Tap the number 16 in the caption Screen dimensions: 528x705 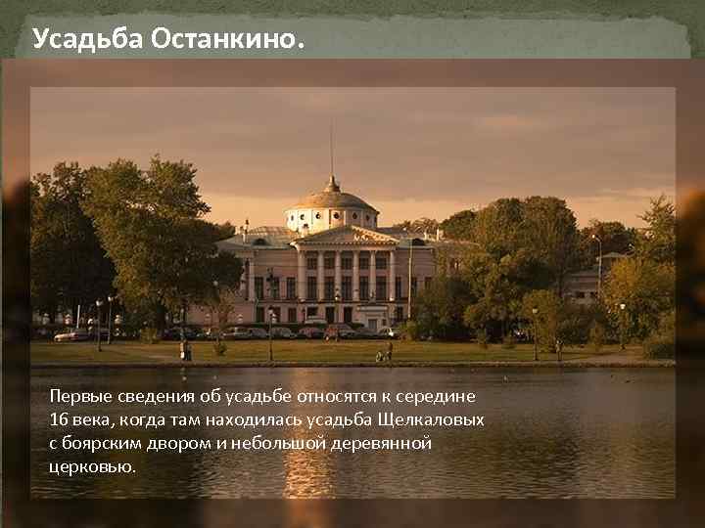click(58, 419)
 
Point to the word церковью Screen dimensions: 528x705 click(92, 466)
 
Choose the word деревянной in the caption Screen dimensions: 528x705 click(378, 443)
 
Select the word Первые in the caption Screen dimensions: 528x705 click(81, 396)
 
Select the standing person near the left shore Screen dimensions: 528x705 click(184, 350)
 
